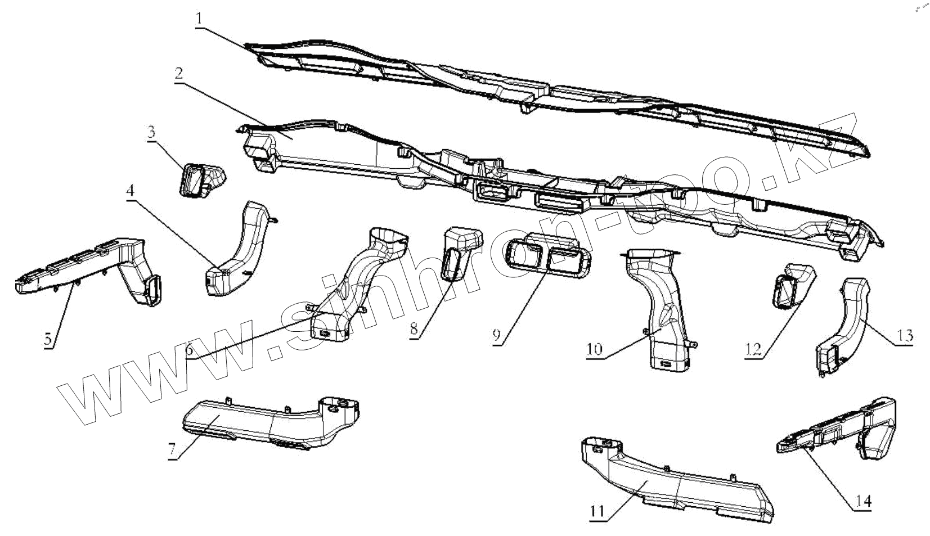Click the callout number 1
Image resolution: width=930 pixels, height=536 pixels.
(200, 18)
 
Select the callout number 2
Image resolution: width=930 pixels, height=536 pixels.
(178, 74)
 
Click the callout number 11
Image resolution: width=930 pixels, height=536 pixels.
(597, 511)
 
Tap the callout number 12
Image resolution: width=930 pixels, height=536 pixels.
(753, 349)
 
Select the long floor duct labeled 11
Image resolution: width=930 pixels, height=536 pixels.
(675, 484)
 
